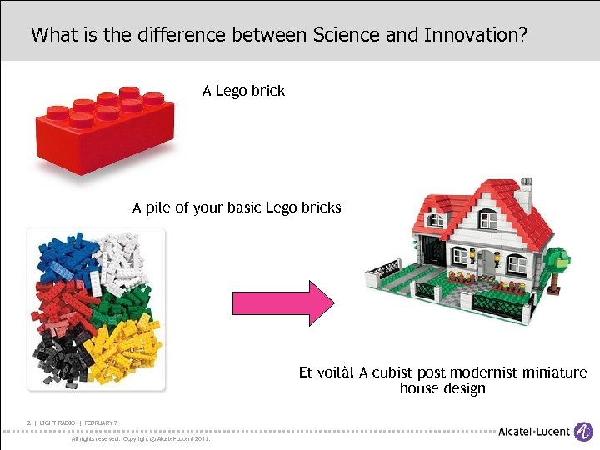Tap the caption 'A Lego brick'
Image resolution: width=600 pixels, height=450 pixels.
pos(243,90)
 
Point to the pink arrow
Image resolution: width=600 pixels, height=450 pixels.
pos(282,302)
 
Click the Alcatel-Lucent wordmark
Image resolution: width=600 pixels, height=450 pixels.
pos(532,432)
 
